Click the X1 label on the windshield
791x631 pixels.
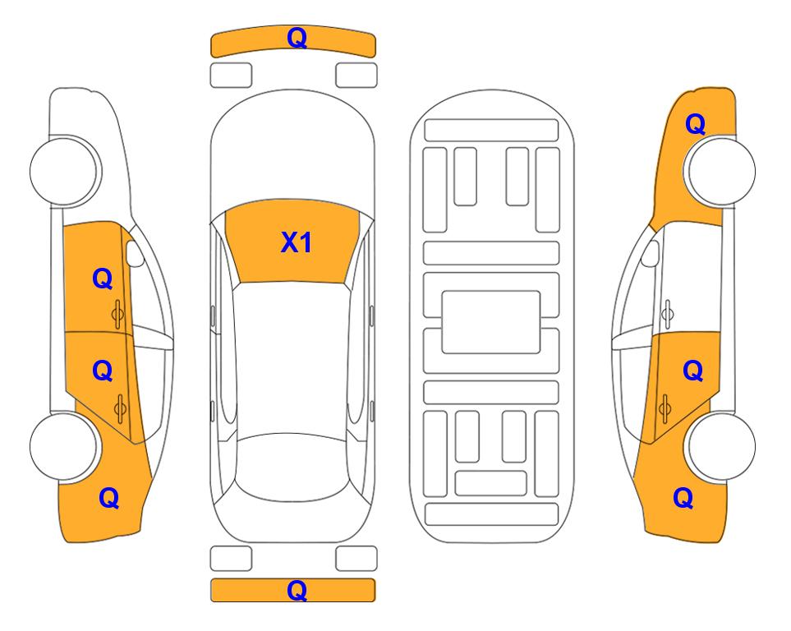pos(297,242)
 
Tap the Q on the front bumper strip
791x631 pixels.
pos(297,38)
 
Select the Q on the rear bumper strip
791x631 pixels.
pos(297,590)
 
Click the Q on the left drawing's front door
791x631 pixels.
pos(103,279)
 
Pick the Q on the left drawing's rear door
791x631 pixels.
pos(103,371)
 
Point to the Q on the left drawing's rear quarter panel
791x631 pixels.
pos(109,498)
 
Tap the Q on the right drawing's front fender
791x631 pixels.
pos(695,124)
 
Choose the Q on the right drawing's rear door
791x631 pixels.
pos(692,371)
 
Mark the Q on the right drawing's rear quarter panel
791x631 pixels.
pos(683,498)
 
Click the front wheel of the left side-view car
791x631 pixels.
pos(64,171)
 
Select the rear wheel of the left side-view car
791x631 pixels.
pos(64,447)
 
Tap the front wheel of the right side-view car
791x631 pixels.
pos(720,171)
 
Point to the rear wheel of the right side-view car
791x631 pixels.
pos(720,447)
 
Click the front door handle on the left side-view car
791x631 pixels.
pos(117,314)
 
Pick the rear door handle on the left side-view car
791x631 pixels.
pos(120,408)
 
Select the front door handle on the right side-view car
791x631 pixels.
pos(668,314)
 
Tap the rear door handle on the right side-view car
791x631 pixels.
pos(665,408)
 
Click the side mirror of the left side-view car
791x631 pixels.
pos(134,254)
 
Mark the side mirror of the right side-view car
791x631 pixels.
pos(650,254)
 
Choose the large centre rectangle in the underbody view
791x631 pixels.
pos(491,322)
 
